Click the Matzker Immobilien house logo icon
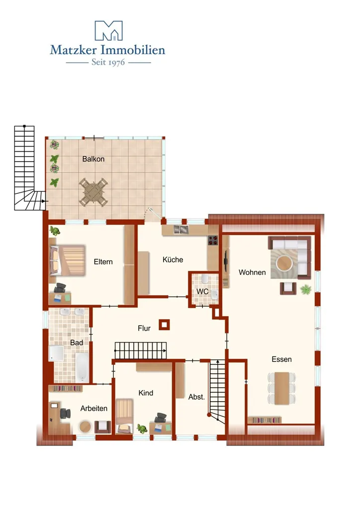tap(108, 31)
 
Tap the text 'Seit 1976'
tap(108, 62)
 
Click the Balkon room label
tap(93, 159)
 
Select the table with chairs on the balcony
tap(93, 192)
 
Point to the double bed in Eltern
tap(67, 260)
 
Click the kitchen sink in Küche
tap(181, 230)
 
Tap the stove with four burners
tap(213, 240)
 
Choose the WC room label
tap(202, 291)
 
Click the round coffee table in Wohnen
tap(284, 263)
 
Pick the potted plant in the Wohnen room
tap(305, 289)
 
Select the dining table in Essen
tap(282, 388)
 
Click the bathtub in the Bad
tap(83, 368)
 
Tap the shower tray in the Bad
tap(57, 353)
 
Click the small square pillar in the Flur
tap(164, 325)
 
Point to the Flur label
tap(144, 328)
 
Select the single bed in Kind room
tap(125, 416)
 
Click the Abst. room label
tap(197, 397)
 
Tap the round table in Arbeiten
tap(86, 426)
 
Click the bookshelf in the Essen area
tap(265, 420)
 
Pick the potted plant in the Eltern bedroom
tap(55, 231)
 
